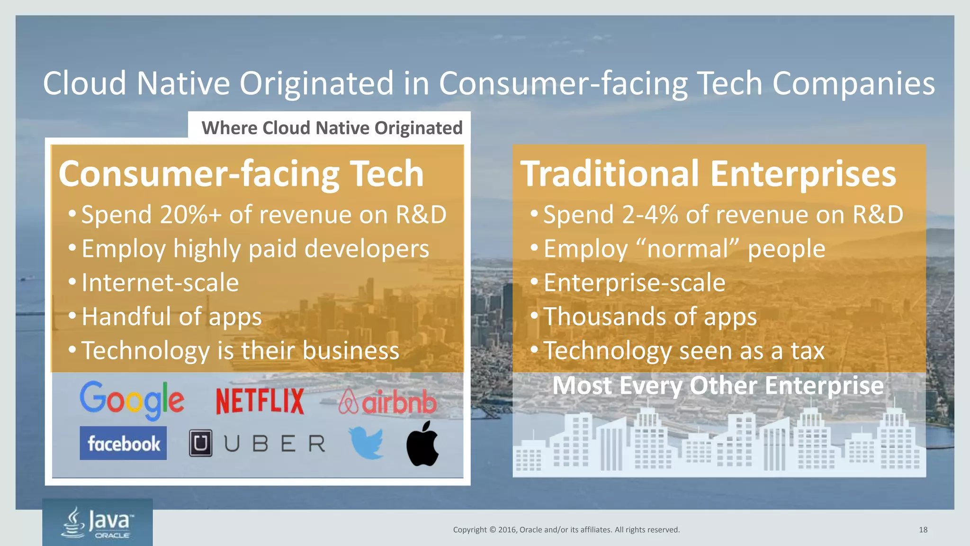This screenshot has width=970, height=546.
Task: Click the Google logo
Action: tap(132, 400)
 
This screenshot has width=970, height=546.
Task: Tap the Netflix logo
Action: tap(260, 401)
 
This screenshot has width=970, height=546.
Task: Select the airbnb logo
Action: tap(387, 402)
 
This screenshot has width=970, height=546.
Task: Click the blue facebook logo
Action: tap(123, 444)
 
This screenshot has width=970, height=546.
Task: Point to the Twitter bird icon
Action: tap(366, 443)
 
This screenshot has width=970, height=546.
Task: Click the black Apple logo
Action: tap(422, 444)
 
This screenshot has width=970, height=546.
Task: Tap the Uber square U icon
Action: tap(200, 444)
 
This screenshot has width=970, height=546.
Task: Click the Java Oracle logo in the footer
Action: tap(98, 522)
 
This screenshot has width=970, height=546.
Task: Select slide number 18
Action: tap(923, 530)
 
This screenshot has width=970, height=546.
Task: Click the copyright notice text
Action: tap(566, 530)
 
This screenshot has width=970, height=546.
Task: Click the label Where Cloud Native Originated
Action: tap(332, 128)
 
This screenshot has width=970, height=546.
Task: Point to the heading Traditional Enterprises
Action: tap(708, 174)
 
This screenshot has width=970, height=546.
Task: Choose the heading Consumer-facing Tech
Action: tap(241, 174)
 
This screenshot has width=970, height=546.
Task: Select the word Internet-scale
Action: tap(160, 283)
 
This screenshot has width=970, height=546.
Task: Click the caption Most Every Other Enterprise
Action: tap(718, 385)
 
